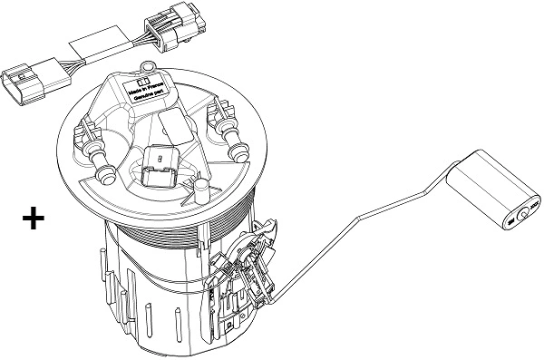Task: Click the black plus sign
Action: (x=33, y=219)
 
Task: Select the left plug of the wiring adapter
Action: (x=26, y=80)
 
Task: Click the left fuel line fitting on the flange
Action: (x=98, y=154)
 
